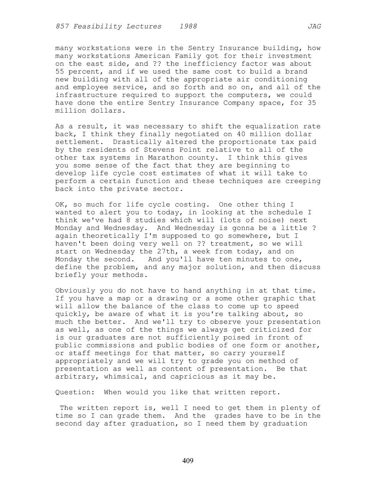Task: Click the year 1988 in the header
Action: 188,26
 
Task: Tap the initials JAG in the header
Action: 314,26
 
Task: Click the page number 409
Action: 188,461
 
